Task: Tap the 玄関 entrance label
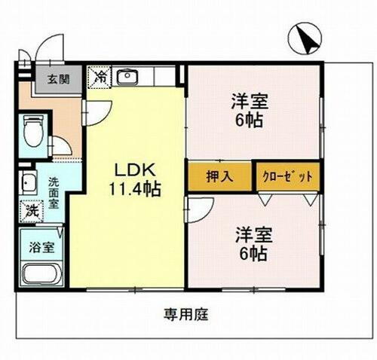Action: [51, 79]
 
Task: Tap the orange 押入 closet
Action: [219, 178]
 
